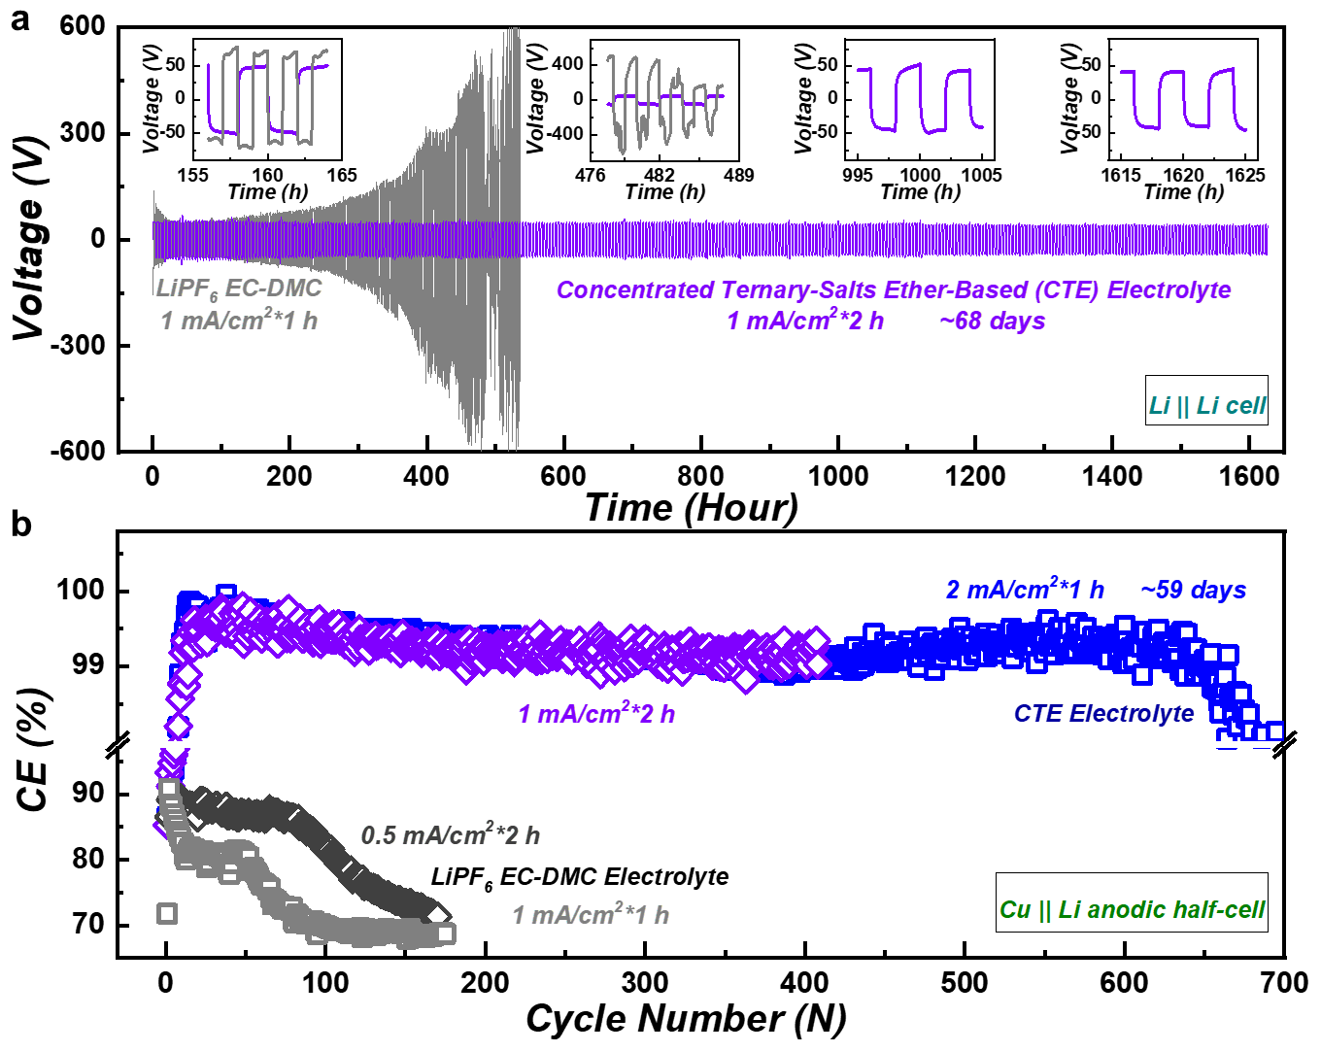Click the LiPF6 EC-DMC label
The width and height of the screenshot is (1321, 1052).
(x=238, y=289)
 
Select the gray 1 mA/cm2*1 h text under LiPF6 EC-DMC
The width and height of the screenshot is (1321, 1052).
(x=239, y=321)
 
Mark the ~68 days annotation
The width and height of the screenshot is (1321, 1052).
(x=993, y=321)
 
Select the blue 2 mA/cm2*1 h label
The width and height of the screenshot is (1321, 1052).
(x=1024, y=590)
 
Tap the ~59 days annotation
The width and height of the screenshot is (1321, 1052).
(x=1193, y=591)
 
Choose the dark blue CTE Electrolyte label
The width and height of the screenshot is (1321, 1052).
(x=1103, y=714)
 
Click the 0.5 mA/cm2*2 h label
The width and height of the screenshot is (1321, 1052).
(x=450, y=835)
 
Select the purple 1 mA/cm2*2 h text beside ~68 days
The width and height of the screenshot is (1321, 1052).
(x=805, y=321)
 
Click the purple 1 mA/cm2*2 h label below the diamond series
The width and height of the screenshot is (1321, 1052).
(x=595, y=715)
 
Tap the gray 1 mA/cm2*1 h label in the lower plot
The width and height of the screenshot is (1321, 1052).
(x=591, y=915)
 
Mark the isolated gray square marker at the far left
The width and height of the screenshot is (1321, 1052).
(x=167, y=913)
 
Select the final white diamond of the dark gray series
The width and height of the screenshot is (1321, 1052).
(x=437, y=915)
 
